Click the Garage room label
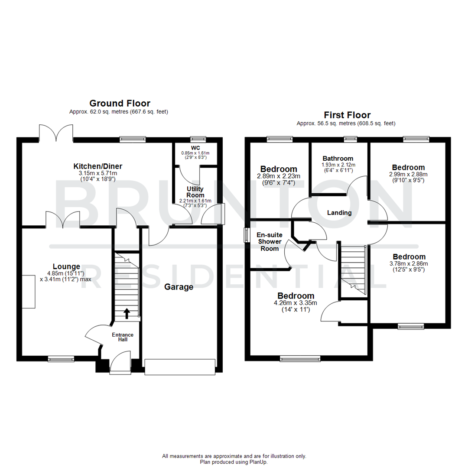click(x=179, y=287)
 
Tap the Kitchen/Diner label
click(x=97, y=166)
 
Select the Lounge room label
click(x=66, y=266)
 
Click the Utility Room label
click(x=195, y=192)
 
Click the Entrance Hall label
click(x=123, y=338)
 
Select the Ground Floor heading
click(x=120, y=103)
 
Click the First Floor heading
click(x=347, y=115)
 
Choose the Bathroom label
click(x=338, y=159)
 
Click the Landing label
click(x=339, y=212)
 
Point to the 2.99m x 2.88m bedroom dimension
click(x=408, y=177)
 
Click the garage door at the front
click(x=180, y=367)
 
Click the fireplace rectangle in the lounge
click(x=29, y=292)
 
